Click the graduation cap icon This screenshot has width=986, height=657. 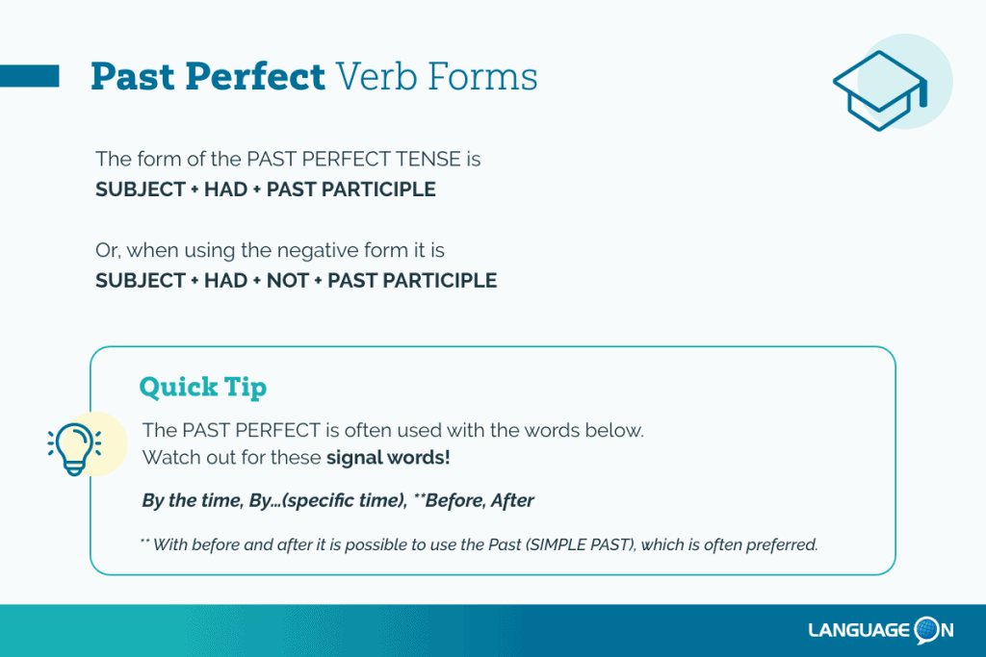click(x=880, y=90)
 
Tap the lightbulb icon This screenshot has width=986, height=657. click(x=74, y=448)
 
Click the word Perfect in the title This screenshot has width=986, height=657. click(x=254, y=77)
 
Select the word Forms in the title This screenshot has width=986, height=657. click(x=482, y=77)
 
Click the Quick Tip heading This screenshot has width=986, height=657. click(x=202, y=387)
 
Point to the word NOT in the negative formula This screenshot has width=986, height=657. click(x=287, y=280)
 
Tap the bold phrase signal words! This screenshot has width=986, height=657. click(x=388, y=457)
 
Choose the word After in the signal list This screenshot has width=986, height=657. click(x=512, y=500)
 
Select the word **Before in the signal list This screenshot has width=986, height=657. click(x=448, y=500)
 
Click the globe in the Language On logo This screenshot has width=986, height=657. click(x=926, y=629)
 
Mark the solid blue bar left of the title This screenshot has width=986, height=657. click(x=30, y=76)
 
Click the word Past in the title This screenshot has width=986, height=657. click(x=132, y=77)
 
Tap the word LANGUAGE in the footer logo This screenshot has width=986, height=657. click(x=859, y=630)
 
